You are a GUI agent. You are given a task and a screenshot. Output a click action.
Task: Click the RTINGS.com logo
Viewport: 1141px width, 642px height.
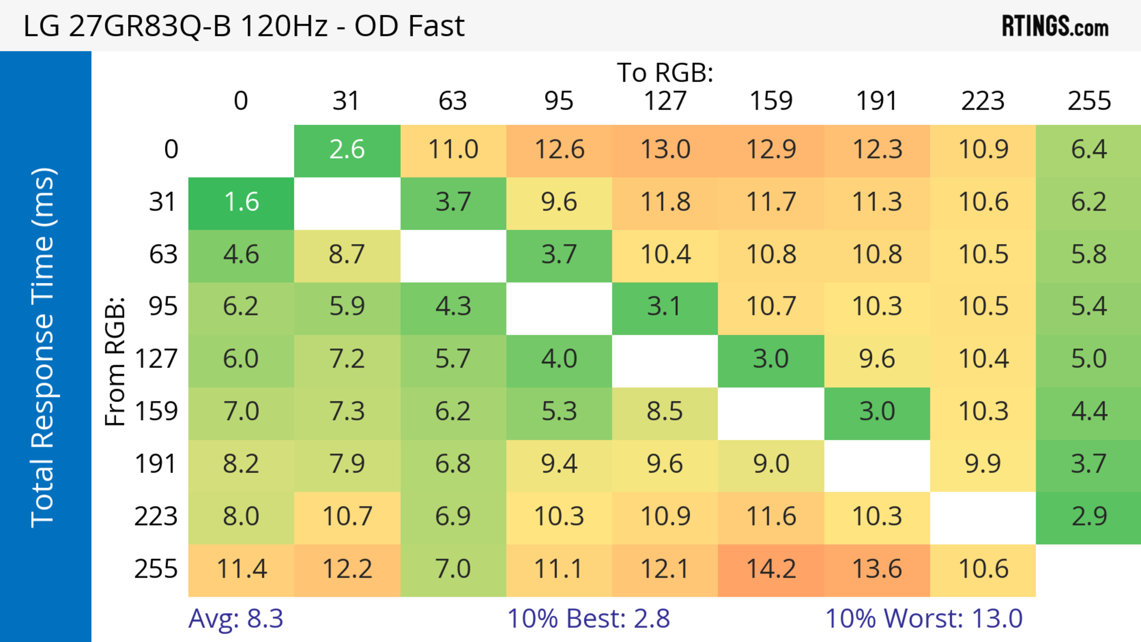pyautogui.click(x=1055, y=26)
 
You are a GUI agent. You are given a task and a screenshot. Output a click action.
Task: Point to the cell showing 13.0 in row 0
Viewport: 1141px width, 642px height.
pyautogui.click(x=665, y=150)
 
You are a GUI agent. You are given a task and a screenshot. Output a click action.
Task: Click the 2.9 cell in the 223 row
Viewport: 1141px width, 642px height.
pyautogui.click(x=1089, y=517)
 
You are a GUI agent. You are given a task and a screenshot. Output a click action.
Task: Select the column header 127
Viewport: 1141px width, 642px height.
pyautogui.click(x=665, y=101)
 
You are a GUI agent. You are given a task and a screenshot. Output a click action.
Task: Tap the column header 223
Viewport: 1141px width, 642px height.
pyautogui.click(x=983, y=101)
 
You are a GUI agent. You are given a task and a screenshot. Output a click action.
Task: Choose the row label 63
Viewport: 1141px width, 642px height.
pyautogui.click(x=163, y=255)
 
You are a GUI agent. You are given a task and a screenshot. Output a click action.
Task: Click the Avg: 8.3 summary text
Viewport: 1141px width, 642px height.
pyautogui.click(x=236, y=619)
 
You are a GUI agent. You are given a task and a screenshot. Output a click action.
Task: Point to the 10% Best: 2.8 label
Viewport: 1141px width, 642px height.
pyautogui.click(x=588, y=619)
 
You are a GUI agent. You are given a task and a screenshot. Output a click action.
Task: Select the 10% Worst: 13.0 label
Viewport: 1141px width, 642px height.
pyautogui.click(x=924, y=619)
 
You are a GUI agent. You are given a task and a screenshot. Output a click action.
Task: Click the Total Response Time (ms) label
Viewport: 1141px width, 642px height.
pyautogui.click(x=43, y=348)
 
